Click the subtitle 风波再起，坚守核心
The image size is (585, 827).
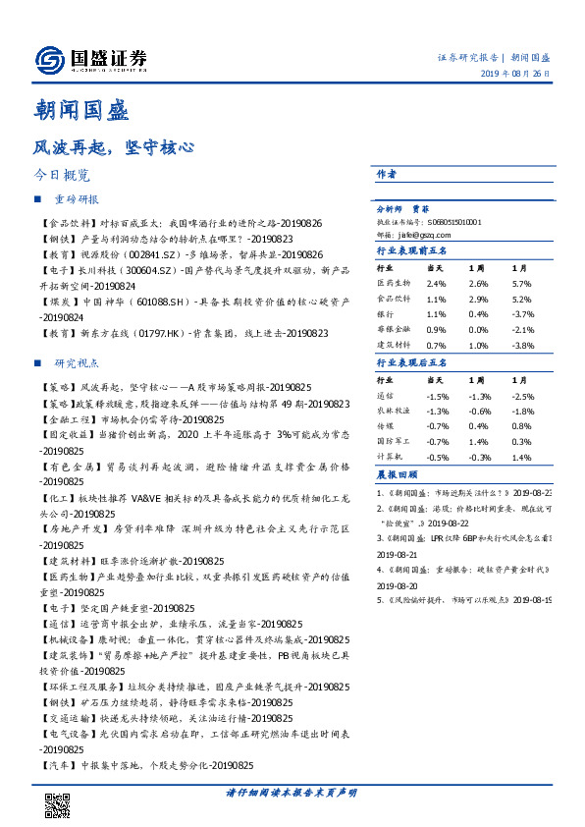point(112,148)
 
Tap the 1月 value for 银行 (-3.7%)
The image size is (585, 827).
point(522,312)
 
